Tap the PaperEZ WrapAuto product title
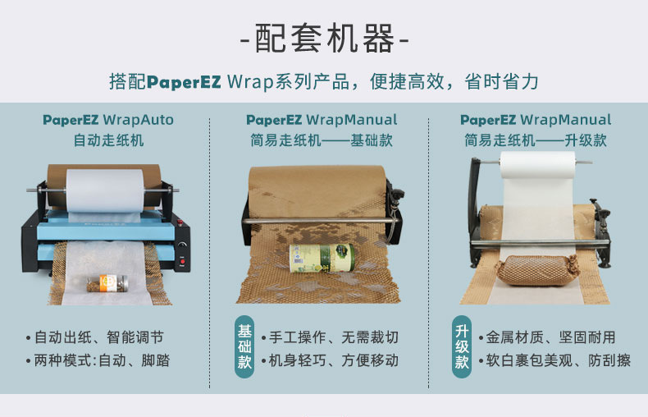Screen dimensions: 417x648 pos(107,120)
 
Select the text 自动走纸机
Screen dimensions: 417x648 pos(107,140)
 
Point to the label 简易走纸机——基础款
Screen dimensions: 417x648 pos(321,140)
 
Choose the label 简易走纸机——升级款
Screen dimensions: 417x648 pos(535,140)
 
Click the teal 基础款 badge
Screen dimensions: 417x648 pos(245,346)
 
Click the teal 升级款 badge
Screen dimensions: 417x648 pos(462,346)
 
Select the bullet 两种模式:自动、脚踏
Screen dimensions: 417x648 pos(102,360)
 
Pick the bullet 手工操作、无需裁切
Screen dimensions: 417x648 pos(329,337)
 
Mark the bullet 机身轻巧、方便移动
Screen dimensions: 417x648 pos(329,360)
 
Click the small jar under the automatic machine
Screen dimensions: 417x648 pos(104,282)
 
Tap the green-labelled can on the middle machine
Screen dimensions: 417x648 pos(321,257)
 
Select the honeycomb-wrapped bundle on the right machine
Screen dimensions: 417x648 pos(537,269)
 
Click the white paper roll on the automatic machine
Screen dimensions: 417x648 pos(106,188)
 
